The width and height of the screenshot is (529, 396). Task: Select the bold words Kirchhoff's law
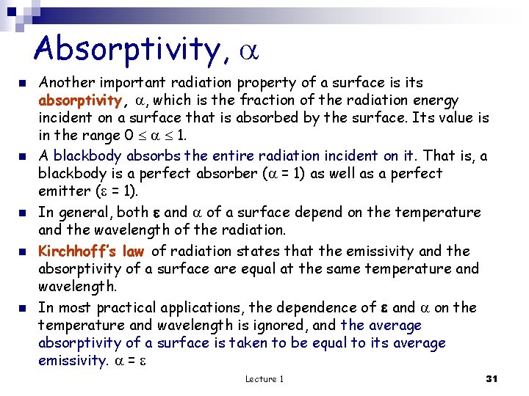pos(91,251)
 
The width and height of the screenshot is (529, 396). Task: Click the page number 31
pos(492,378)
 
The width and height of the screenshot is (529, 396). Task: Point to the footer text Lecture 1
pos(264,378)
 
